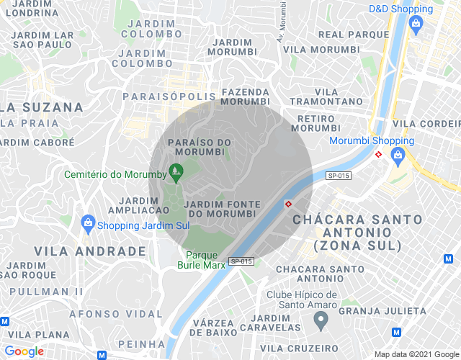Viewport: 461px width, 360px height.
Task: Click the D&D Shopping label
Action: (x=401, y=9)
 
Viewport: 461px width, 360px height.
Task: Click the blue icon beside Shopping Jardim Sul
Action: (x=88, y=223)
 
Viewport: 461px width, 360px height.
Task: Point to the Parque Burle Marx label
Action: (x=202, y=259)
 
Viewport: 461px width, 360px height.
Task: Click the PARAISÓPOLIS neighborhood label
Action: (x=169, y=96)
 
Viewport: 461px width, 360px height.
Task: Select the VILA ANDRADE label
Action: (x=90, y=251)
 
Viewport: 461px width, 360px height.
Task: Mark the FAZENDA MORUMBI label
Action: (x=246, y=96)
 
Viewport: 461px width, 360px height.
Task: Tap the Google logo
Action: (x=24, y=351)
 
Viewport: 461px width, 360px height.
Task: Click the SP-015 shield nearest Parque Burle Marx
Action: (x=241, y=261)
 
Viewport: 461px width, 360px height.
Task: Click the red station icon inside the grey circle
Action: (x=288, y=203)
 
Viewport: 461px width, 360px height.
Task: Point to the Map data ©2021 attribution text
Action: (x=416, y=354)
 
